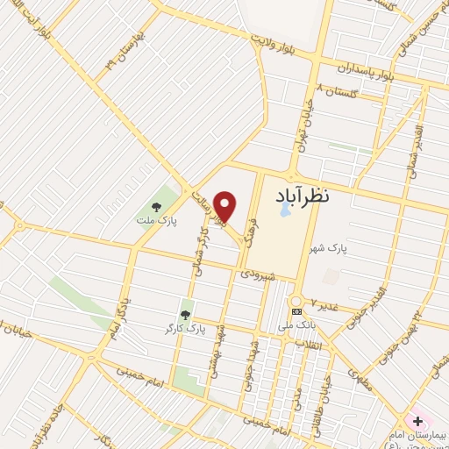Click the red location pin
tap(225, 205)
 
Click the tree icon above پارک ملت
tap(156, 208)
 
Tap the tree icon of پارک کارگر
tap(185, 313)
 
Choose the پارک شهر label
tap(327, 250)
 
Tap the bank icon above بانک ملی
tap(296, 311)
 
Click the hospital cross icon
tap(417, 421)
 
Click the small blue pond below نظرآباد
tap(284, 210)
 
